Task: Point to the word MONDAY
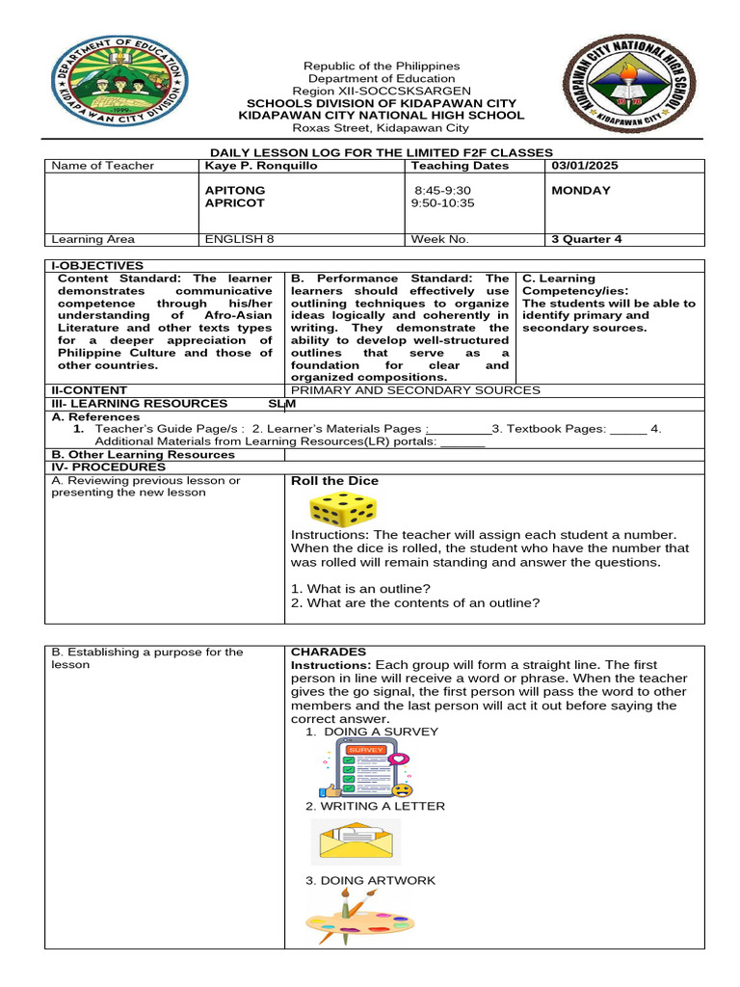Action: click(x=580, y=191)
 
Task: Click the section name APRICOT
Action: click(x=234, y=203)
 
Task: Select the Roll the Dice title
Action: click(x=334, y=481)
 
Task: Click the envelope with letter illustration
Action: click(x=356, y=841)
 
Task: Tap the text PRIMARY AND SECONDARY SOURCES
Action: click(x=415, y=390)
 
